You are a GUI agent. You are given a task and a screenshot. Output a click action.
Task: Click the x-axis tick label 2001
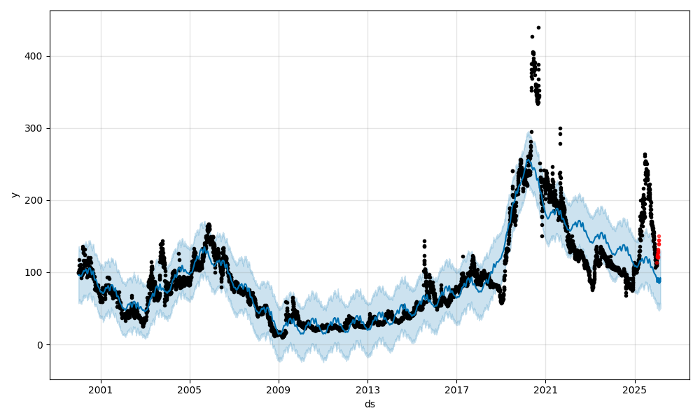point(101,388)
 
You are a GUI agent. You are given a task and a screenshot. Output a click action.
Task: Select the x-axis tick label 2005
point(190,388)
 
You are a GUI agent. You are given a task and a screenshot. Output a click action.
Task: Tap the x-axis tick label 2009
point(279,388)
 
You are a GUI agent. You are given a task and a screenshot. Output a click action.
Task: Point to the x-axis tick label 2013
point(367,388)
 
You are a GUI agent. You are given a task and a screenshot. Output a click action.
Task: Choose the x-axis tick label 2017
point(456,388)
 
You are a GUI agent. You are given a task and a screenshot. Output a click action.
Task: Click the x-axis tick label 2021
point(545,388)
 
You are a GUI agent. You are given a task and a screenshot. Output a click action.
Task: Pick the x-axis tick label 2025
point(634,388)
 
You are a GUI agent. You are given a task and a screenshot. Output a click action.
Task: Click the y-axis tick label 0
point(41,344)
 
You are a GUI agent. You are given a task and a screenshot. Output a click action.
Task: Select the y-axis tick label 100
point(35,272)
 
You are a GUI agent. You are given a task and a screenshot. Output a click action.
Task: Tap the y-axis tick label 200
point(35,200)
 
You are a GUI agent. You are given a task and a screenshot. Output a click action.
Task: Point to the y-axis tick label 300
point(35,128)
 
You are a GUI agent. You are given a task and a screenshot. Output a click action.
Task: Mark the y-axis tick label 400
point(35,56)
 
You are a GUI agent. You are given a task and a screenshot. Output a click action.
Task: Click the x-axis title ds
point(370,404)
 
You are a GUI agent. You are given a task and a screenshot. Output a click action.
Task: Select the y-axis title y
point(13,195)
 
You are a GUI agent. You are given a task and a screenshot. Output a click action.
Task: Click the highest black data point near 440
point(538,27)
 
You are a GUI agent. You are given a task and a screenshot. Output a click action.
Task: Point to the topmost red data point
point(659,237)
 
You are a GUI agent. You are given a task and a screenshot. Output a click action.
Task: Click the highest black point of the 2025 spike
point(645,154)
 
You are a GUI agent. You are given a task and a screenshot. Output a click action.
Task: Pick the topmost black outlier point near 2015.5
point(424,241)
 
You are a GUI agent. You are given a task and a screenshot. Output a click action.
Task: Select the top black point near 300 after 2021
point(560,129)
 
